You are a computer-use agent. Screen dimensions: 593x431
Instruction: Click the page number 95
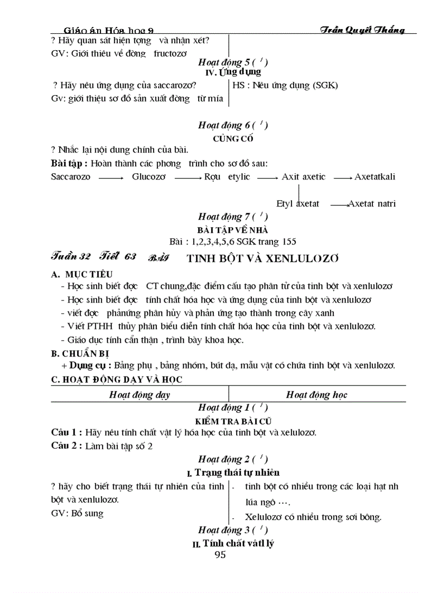pos(220,554)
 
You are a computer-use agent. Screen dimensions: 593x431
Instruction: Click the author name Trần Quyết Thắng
pos(362,30)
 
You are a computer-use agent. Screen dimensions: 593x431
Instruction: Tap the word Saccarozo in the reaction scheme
pos(70,177)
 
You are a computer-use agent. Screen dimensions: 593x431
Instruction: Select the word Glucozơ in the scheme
pos(148,177)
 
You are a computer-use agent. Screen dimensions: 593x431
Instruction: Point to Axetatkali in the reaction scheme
pos(375,177)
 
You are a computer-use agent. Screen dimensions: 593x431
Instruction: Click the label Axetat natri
pos(372,203)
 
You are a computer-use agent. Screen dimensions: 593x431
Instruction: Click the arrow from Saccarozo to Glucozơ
pos(111,178)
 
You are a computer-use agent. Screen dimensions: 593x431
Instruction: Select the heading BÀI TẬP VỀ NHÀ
pos(233,230)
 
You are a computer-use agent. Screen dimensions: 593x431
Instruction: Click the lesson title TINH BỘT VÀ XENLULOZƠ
pos(263,259)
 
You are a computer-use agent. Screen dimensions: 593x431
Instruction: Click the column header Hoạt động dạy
pos(139,394)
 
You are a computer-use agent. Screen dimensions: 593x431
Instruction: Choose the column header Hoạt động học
pos(316,394)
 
